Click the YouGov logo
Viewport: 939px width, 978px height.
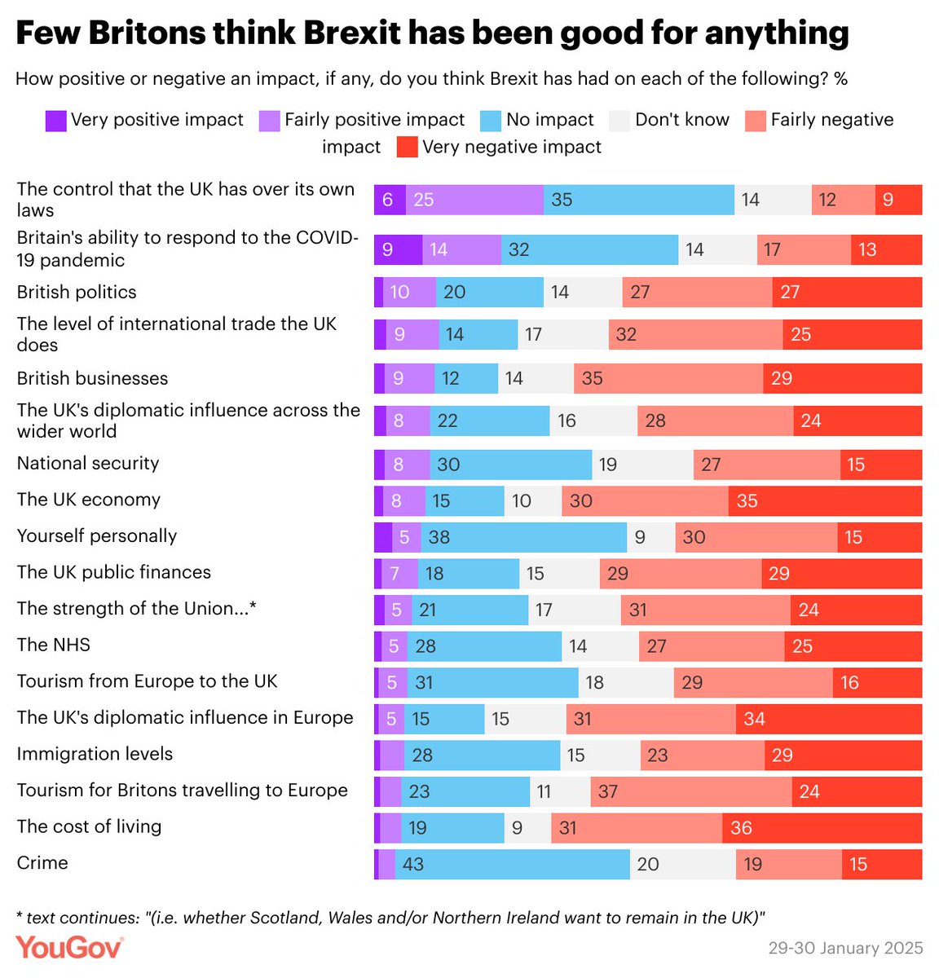click(69, 947)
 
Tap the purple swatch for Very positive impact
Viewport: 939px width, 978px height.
click(55, 121)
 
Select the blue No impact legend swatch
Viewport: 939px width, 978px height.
click(490, 121)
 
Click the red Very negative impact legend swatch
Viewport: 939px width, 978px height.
click(407, 148)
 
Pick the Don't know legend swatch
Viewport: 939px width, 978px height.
click(619, 121)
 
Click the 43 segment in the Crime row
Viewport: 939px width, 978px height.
click(512, 864)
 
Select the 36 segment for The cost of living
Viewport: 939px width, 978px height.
click(822, 828)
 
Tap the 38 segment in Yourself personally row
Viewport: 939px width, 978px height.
click(523, 537)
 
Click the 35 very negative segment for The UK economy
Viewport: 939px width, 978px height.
click(825, 500)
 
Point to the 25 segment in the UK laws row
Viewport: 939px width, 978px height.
click(474, 200)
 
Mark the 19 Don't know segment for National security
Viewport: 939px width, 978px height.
click(642, 465)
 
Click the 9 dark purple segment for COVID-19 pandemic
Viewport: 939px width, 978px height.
click(398, 249)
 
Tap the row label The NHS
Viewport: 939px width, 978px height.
click(54, 645)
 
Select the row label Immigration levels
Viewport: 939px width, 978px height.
click(95, 754)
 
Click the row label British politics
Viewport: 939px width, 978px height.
click(77, 292)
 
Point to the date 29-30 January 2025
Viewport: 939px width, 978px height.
click(845, 948)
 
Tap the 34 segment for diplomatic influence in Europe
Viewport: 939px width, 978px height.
click(828, 719)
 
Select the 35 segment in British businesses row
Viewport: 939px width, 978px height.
click(668, 378)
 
